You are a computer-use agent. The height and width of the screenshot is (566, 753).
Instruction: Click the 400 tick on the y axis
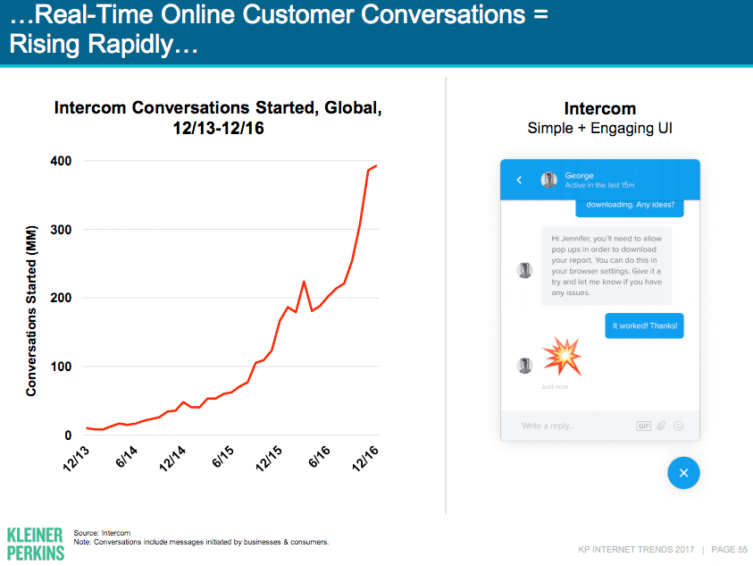[x=61, y=161]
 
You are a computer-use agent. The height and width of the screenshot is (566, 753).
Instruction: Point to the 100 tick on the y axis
[x=61, y=367]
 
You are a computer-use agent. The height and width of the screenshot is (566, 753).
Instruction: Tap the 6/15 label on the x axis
[x=222, y=457]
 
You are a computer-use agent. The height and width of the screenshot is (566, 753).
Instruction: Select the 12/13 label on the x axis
[x=76, y=457]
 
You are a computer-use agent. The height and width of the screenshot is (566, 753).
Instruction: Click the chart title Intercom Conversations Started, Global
[x=219, y=108]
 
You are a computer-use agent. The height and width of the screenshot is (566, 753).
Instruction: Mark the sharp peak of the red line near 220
[x=304, y=282]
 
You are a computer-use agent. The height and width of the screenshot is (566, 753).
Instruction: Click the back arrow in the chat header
[x=519, y=180]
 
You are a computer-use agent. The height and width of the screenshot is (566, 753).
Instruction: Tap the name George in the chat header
[x=579, y=175]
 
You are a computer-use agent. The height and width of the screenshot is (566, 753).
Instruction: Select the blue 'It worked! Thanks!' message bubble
[x=644, y=325]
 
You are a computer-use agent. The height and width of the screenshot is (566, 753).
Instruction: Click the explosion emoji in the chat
[x=562, y=356]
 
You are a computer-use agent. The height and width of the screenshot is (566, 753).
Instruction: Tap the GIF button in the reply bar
[x=643, y=426]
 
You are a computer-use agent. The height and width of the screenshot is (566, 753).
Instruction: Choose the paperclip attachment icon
[x=662, y=426]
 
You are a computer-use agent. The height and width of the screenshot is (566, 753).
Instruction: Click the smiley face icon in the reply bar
[x=679, y=426]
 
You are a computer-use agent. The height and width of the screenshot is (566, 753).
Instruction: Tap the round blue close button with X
[x=683, y=473]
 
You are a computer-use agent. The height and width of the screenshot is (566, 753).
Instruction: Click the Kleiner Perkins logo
[x=35, y=543]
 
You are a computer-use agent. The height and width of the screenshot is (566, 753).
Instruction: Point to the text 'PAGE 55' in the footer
[x=730, y=549]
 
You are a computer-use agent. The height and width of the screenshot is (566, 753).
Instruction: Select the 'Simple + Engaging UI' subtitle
[x=599, y=128]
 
